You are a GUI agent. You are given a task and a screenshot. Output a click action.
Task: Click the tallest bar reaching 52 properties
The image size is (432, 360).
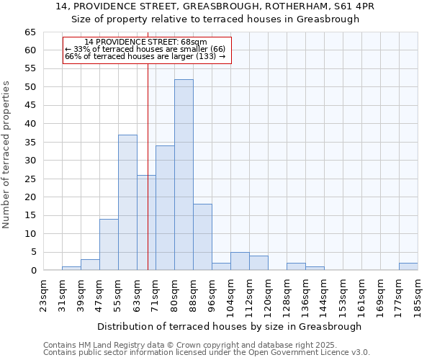pos(184,175)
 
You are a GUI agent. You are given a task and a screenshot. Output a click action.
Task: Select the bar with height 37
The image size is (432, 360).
pos(127,202)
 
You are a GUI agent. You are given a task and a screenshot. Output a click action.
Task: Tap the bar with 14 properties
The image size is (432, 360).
pos(109,245)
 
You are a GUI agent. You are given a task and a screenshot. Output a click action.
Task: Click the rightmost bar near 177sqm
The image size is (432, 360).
pos(408,266)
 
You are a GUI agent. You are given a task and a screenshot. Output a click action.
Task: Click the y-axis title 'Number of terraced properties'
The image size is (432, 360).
pos(6,154)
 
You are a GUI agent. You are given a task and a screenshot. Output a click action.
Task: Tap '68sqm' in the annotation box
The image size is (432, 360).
pos(195,42)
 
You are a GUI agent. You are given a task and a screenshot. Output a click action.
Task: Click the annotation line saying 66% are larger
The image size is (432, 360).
pos(145,56)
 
